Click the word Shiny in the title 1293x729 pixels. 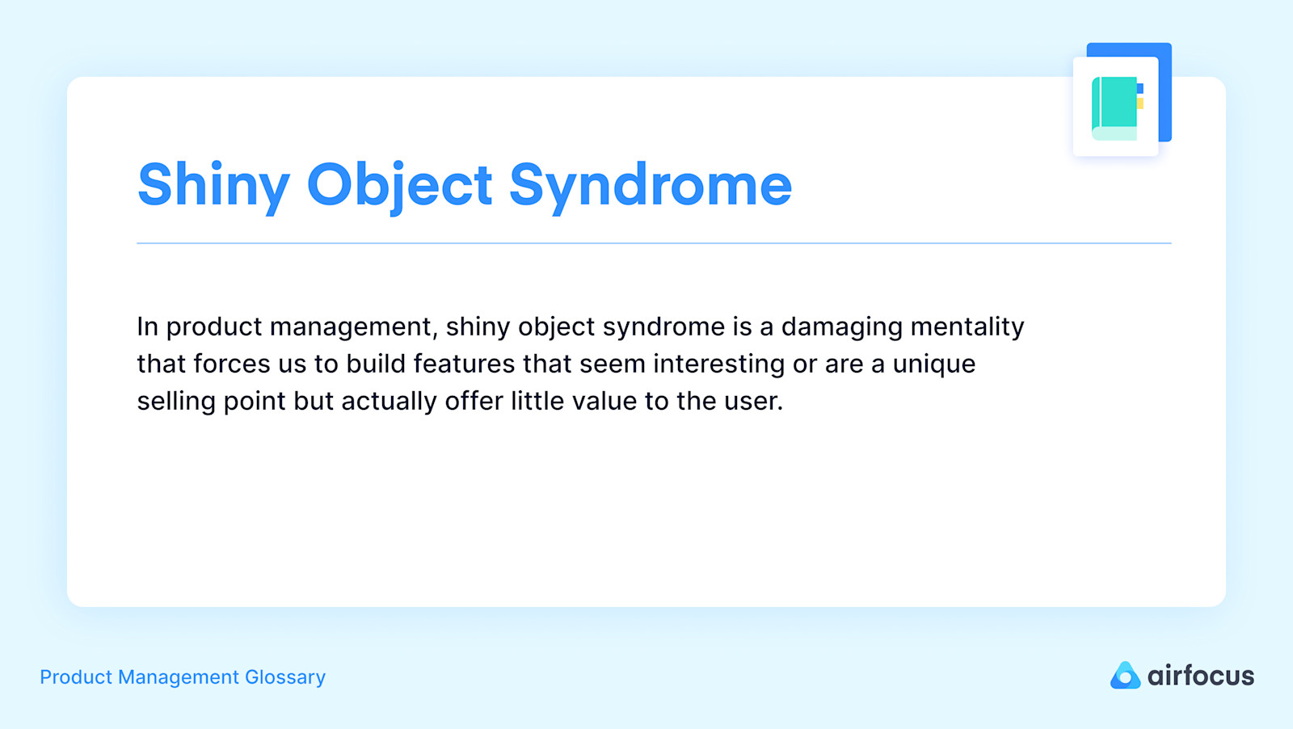coord(213,185)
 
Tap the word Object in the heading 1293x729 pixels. coord(399,185)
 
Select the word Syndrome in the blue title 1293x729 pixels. coord(650,185)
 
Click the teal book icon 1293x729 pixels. coord(1114,107)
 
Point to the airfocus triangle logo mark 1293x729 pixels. coord(1124,676)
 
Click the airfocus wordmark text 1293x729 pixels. coord(1200,676)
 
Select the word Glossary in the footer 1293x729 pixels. coord(285,677)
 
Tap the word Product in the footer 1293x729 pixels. coord(75,677)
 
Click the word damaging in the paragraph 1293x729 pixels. coord(841,327)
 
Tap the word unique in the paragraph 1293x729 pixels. coord(933,364)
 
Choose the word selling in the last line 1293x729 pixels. coord(176,402)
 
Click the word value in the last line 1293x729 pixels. coord(604,402)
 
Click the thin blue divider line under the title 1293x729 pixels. coord(654,242)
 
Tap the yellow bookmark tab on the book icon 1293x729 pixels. coord(1140,103)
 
